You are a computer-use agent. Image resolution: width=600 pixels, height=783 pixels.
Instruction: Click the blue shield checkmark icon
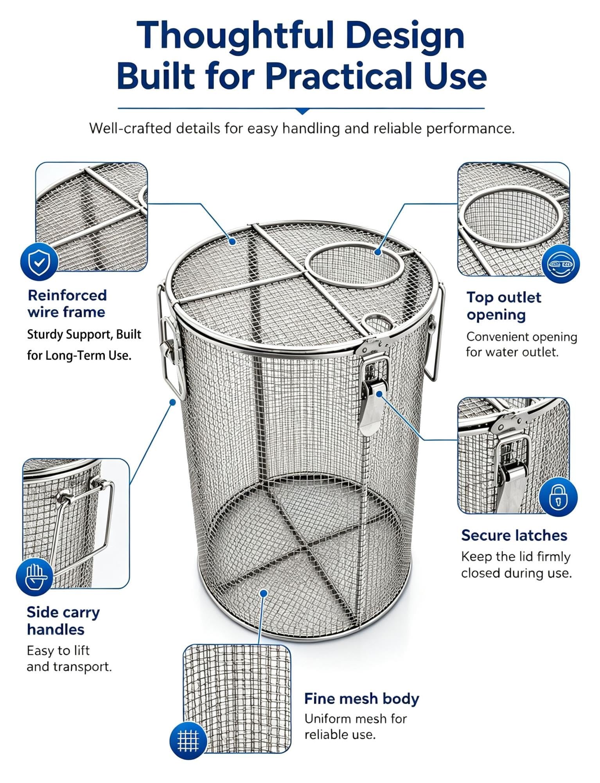(x=39, y=262)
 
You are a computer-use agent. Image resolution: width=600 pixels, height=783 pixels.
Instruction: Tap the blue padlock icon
(x=558, y=497)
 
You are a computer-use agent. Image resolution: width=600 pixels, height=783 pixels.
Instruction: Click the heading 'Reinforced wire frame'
(x=67, y=303)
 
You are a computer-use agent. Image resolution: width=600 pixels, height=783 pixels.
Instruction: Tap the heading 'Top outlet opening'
(x=504, y=306)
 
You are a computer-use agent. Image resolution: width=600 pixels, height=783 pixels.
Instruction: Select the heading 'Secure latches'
(x=514, y=535)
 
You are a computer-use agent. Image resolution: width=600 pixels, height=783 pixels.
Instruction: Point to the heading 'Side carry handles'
(x=63, y=621)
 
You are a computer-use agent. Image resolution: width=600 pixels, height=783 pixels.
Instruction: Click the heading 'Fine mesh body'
(x=361, y=698)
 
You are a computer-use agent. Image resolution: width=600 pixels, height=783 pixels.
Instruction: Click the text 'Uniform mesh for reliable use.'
(x=356, y=727)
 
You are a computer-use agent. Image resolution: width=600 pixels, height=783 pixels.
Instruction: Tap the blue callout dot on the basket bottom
(x=264, y=593)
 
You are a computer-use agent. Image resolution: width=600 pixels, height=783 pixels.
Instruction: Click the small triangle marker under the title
(x=302, y=111)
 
